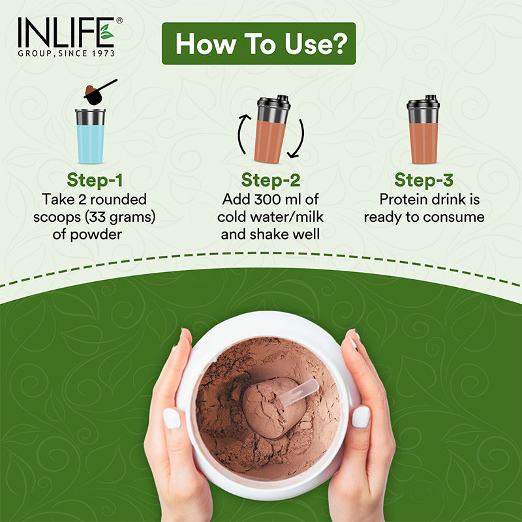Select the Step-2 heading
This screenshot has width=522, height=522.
pos(270,180)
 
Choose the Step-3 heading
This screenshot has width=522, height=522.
pos(424,180)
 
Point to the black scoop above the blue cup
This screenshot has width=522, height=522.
pos(98,91)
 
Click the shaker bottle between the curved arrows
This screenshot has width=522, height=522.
pos(270,129)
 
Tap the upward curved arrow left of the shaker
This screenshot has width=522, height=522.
pos(241,134)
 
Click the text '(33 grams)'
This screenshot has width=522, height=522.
pos(130,217)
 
